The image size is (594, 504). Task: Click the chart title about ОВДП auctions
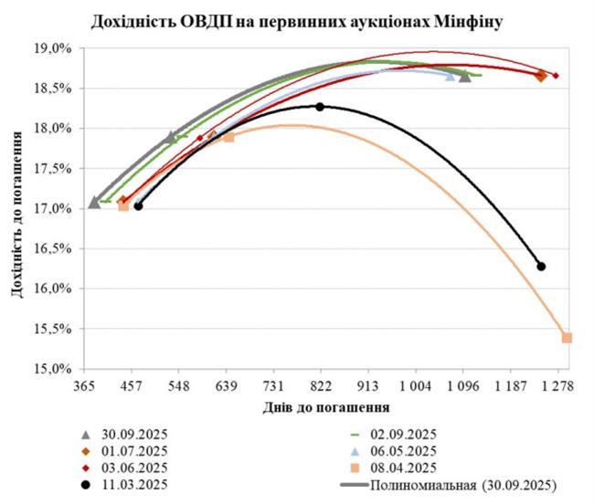point(297,19)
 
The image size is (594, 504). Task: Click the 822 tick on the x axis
point(321,386)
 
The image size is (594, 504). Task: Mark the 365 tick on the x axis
point(85,386)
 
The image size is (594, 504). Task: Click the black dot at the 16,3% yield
point(541,266)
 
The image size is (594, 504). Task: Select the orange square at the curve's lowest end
point(567,338)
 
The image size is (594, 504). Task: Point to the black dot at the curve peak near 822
point(320,107)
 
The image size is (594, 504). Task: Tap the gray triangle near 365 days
point(94,202)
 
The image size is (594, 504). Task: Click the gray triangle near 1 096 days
point(465,77)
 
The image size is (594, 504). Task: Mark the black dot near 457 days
point(138,206)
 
